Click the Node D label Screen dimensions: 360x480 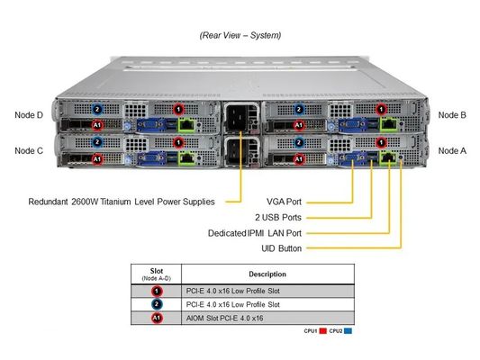tap(29, 115)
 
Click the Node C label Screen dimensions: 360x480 tap(29, 150)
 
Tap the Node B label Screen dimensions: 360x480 tap(451, 115)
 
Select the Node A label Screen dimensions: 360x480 tap(451, 150)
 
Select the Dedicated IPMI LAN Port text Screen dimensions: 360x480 tap(259, 232)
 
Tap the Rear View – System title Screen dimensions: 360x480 tap(240, 35)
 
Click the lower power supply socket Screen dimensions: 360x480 tap(240, 149)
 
